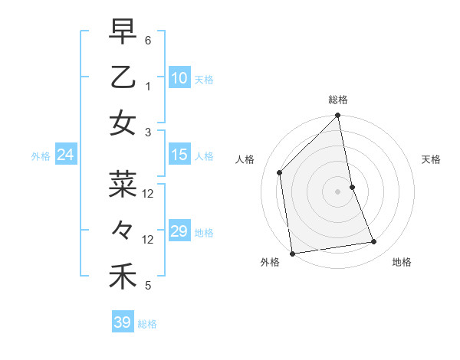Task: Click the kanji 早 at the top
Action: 123,33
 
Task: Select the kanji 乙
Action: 123,77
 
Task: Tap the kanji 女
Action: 123,122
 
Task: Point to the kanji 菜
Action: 123,184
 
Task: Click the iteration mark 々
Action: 123,229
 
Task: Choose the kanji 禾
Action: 123,276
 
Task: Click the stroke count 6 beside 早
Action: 148,39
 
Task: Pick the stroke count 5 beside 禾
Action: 148,286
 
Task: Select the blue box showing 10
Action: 179,77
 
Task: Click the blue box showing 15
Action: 179,155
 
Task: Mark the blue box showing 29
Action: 179,231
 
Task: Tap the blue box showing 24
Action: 66,155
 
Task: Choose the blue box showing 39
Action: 122,322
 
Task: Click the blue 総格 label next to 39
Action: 147,324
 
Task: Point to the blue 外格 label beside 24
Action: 41,156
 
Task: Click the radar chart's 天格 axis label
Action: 431,159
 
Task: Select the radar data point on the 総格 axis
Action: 337,116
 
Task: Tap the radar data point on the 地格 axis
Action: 374,242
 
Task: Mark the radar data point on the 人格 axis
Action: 280,172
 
